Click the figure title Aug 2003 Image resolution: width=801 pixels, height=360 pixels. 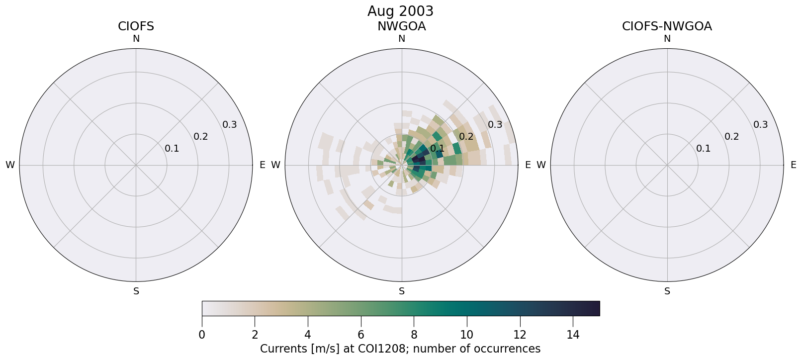(x=400, y=11)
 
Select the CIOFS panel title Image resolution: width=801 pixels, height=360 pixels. (x=136, y=26)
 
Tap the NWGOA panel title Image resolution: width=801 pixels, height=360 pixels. (x=401, y=26)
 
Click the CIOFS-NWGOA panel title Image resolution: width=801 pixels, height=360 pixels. (x=667, y=26)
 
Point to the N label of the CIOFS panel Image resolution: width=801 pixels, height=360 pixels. (x=136, y=39)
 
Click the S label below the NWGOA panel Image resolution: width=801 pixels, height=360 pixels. (x=401, y=291)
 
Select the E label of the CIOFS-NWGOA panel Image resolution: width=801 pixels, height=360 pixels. (x=794, y=165)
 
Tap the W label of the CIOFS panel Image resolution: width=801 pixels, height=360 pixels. (x=10, y=165)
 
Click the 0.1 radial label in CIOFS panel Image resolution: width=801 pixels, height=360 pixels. (x=172, y=149)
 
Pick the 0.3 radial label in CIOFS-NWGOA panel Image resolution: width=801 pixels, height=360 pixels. (x=761, y=125)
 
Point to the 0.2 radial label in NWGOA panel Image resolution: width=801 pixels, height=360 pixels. (x=466, y=137)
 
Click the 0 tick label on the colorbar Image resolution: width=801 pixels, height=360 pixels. (x=202, y=335)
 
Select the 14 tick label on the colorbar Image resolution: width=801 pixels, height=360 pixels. (x=573, y=335)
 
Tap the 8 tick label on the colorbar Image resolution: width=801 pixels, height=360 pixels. (x=414, y=335)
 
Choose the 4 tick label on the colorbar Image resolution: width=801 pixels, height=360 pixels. (x=308, y=335)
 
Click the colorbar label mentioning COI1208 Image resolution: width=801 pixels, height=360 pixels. (x=400, y=349)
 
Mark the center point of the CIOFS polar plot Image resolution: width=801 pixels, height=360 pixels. (x=136, y=165)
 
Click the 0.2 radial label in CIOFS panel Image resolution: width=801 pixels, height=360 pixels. (x=201, y=137)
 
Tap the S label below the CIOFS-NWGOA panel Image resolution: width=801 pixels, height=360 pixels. (x=667, y=291)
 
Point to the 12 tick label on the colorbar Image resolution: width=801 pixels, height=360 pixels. (x=520, y=335)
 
